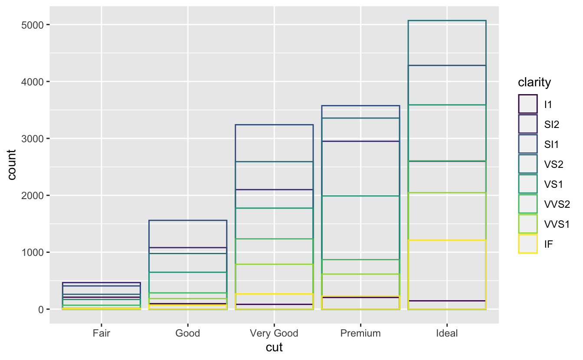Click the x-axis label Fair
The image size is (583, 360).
tap(101, 334)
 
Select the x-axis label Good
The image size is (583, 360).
tap(187, 334)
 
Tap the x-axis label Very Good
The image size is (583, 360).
tap(274, 334)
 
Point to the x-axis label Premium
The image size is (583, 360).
tap(360, 334)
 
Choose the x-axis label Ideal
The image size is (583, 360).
tap(447, 334)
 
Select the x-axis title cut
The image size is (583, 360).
tap(274, 347)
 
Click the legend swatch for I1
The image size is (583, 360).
tap(527, 104)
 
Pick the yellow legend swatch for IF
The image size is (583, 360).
tap(527, 244)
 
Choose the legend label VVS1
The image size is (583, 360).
tap(557, 224)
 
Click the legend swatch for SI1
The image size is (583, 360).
tap(527, 144)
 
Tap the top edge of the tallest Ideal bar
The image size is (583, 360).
tap(447, 20)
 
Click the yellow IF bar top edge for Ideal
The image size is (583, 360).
tap(447, 240)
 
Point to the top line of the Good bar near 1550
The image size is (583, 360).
tap(187, 220)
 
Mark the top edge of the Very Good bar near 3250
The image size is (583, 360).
tap(274, 125)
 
